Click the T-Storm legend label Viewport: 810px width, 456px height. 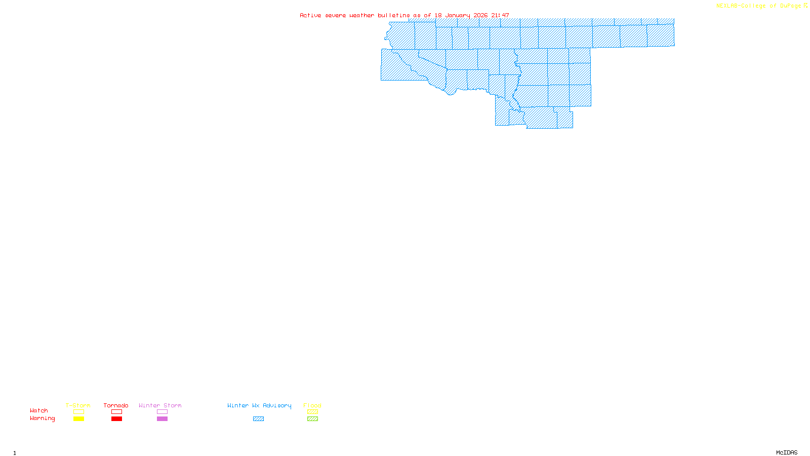[x=78, y=405]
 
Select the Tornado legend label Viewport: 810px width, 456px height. [x=116, y=405]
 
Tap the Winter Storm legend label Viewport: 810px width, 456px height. [x=160, y=405]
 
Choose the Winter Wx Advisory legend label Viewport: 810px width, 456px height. [x=259, y=405]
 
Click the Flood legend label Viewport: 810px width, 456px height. [x=312, y=405]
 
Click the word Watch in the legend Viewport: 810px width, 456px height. [x=39, y=410]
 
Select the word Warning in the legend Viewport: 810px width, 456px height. [x=43, y=419]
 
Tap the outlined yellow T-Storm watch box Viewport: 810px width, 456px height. [x=78, y=412]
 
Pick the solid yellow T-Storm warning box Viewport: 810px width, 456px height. [x=78, y=419]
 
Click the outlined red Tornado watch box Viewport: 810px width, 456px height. [x=116, y=412]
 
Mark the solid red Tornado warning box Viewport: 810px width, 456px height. [x=116, y=419]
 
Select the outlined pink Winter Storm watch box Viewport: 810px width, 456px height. [x=162, y=412]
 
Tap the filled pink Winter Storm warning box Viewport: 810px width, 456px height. [x=162, y=419]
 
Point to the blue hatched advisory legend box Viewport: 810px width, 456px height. [x=258, y=419]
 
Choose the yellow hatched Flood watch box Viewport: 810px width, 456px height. [x=312, y=412]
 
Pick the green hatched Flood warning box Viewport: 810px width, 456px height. [x=312, y=419]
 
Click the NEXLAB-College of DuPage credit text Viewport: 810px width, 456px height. [x=759, y=6]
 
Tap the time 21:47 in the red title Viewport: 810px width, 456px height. [x=500, y=15]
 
